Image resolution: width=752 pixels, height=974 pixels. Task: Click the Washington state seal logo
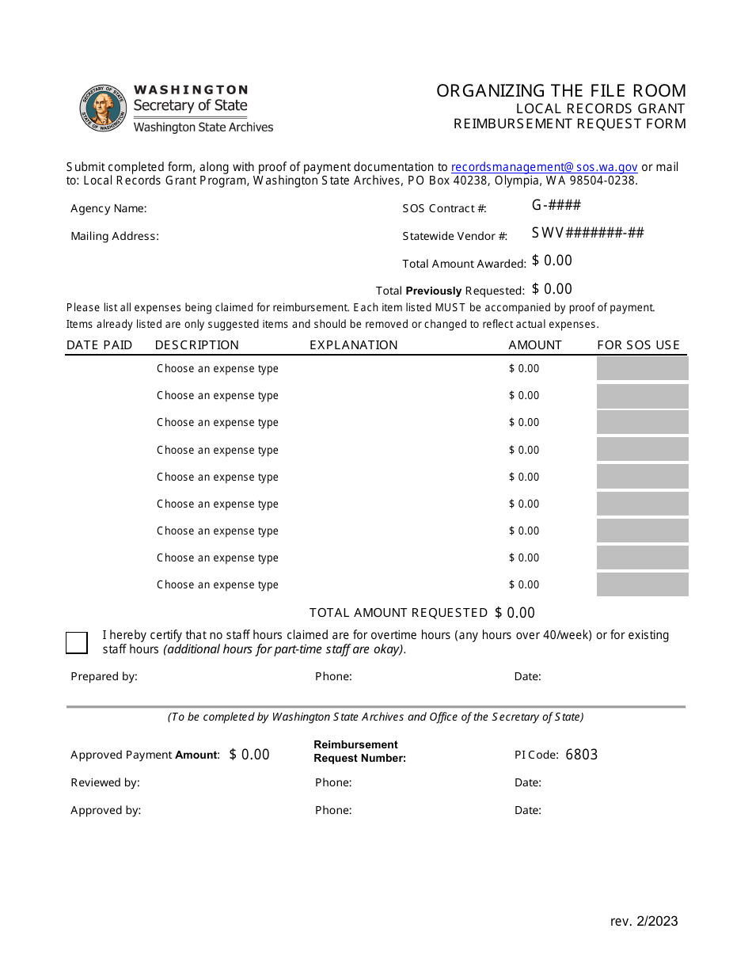103,108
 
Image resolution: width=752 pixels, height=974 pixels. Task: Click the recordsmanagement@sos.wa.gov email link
544,167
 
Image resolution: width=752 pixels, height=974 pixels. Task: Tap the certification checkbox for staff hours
77,642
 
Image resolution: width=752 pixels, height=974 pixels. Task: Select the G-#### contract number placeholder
556,205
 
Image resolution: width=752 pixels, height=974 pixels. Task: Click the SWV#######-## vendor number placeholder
587,233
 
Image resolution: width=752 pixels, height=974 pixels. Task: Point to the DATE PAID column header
99,345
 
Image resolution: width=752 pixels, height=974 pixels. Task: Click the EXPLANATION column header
353,345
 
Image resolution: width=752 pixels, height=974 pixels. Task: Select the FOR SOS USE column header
638,345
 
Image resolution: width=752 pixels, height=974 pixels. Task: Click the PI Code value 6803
582,755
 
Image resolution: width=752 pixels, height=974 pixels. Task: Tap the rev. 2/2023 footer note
644,921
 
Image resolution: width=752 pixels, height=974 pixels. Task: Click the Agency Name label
108,209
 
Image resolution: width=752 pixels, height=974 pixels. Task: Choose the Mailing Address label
115,236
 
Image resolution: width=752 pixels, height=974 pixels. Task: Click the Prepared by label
104,676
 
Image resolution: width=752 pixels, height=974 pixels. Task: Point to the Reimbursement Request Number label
359,751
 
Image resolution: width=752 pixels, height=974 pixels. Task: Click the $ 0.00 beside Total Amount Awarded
552,261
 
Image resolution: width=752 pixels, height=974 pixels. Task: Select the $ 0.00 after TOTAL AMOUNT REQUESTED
515,613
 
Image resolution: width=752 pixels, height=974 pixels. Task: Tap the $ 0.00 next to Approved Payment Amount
249,755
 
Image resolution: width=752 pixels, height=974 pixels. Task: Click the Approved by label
105,810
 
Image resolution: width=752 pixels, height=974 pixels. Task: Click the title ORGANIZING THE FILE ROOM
561,91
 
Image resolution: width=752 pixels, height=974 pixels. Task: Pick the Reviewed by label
105,782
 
